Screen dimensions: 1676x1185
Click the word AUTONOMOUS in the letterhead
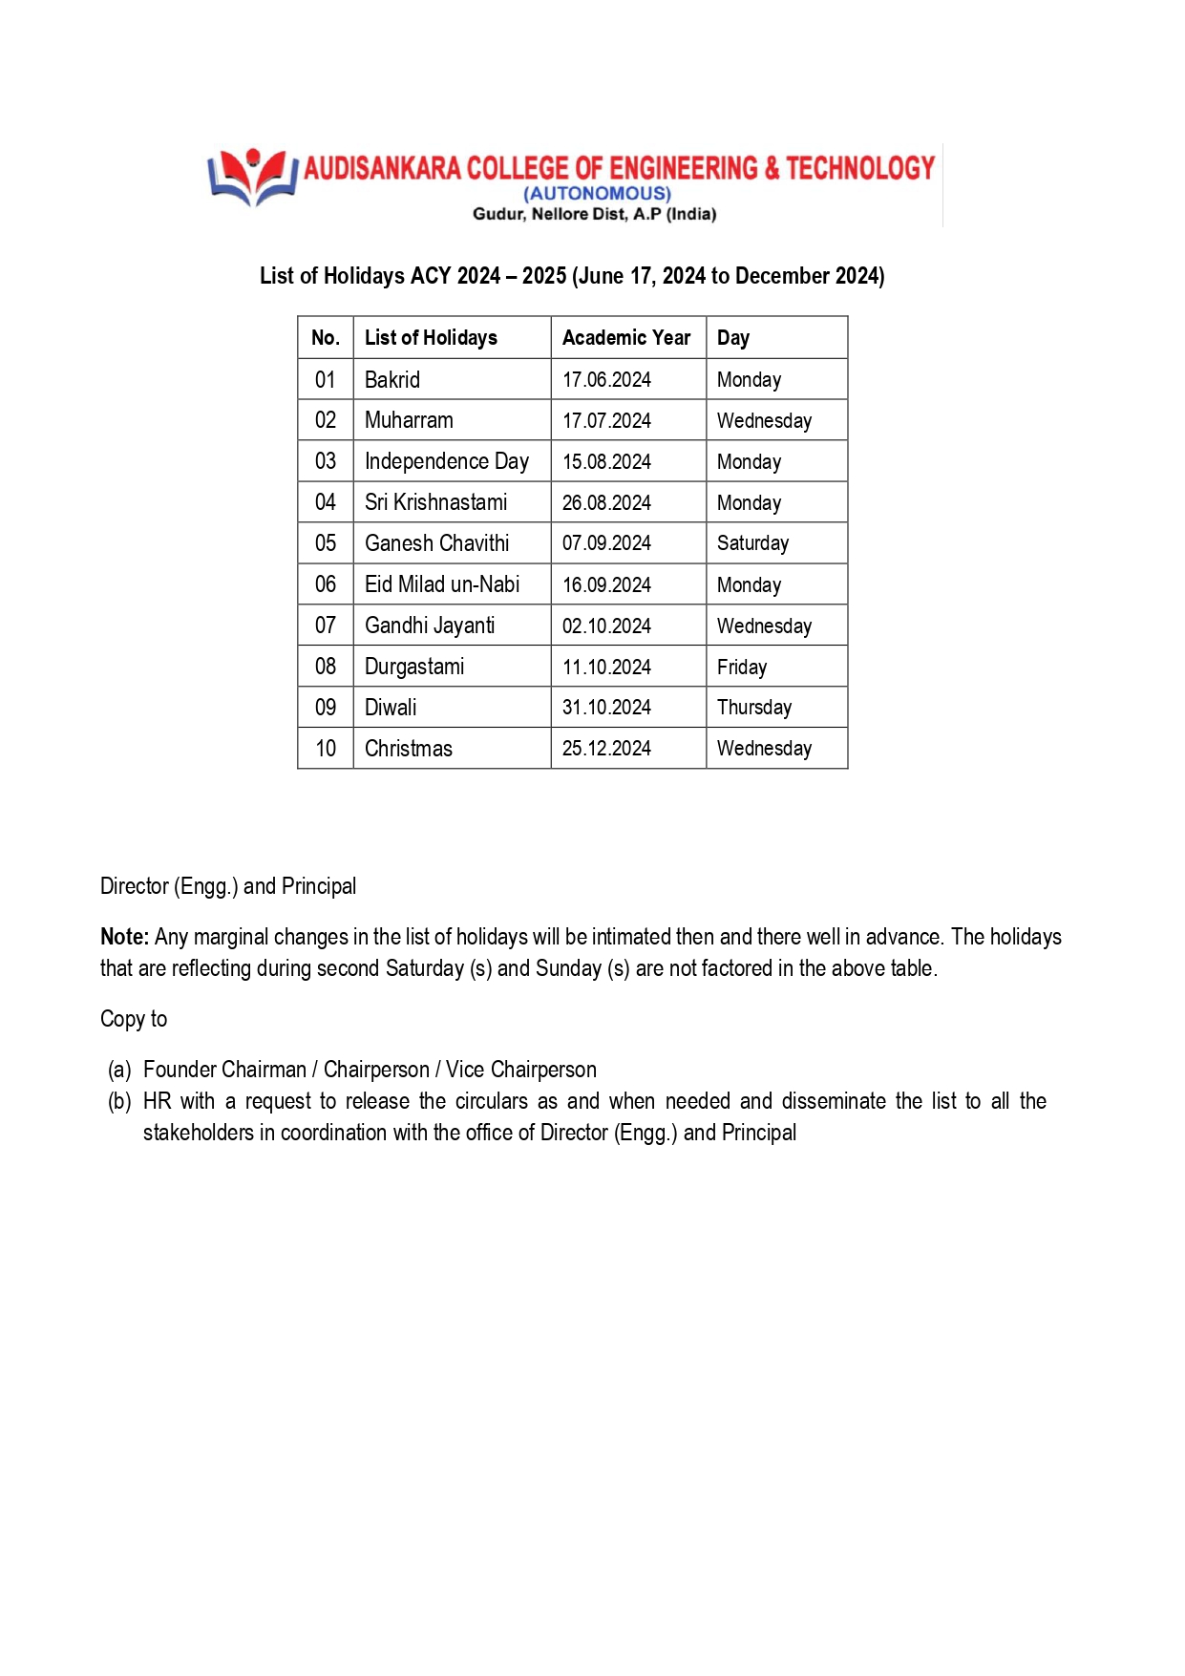tap(597, 194)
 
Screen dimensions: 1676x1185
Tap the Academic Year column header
tap(625, 338)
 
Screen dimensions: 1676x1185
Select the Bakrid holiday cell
tap(392, 380)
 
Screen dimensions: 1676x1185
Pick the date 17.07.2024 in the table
tap(606, 421)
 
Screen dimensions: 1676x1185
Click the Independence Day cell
tap(446, 462)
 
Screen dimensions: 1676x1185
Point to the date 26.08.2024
tap(606, 503)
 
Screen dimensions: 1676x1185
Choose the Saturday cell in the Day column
tap(752, 544)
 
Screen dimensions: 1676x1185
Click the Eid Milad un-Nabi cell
tap(442, 584)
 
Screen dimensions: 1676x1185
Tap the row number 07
tap(326, 626)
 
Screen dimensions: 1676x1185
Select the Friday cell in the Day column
tap(742, 668)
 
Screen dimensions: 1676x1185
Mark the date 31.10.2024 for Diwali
tap(606, 708)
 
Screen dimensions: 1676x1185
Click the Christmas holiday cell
tap(409, 749)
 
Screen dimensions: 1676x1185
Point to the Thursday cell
tap(754, 708)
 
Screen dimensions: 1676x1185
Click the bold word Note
tap(124, 937)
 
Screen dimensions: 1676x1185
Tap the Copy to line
tap(134, 1019)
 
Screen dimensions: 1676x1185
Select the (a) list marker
tap(119, 1070)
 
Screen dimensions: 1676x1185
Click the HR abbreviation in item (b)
tap(157, 1101)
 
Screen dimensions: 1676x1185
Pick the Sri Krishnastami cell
tap(435, 503)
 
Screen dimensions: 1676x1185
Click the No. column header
tap(326, 338)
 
